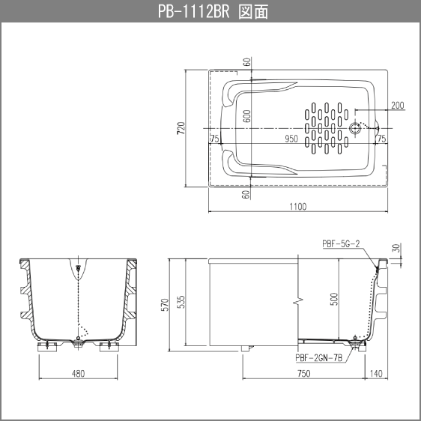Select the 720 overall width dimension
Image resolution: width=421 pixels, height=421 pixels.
[x=181, y=128]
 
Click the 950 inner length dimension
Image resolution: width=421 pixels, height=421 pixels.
[x=291, y=139]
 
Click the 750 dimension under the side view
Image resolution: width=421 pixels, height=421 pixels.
[x=303, y=373]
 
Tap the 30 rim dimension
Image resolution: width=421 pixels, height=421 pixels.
[x=396, y=248]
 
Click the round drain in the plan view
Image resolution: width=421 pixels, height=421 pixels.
[x=357, y=128]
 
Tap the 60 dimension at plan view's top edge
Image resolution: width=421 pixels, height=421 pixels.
[x=247, y=63]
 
